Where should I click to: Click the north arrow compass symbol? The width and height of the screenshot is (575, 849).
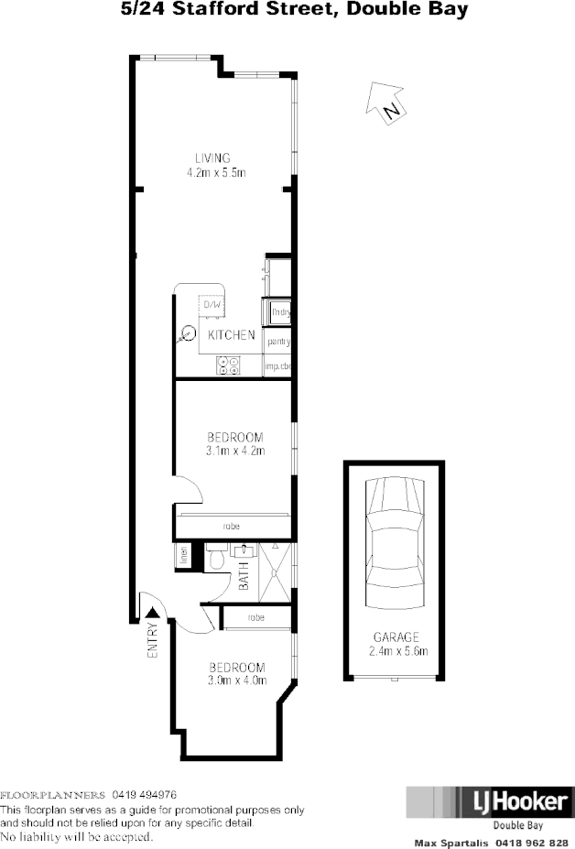point(385,101)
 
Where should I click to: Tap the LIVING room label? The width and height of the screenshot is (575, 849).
point(212,158)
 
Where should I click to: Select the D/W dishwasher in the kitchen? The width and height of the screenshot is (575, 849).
point(212,304)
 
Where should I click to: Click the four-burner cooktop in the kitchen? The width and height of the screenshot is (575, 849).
point(227,365)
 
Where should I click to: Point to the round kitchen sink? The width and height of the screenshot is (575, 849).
point(189,334)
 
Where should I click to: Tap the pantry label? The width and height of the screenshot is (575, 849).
point(277,343)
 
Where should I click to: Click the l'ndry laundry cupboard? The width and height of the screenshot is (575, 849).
point(279,312)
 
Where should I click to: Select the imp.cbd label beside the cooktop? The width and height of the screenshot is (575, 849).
point(277,366)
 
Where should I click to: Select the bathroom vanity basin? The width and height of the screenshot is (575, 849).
point(244,550)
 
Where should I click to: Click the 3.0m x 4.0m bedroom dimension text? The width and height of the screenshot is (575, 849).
point(236,680)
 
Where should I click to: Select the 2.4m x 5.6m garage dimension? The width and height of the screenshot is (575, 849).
point(396,651)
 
